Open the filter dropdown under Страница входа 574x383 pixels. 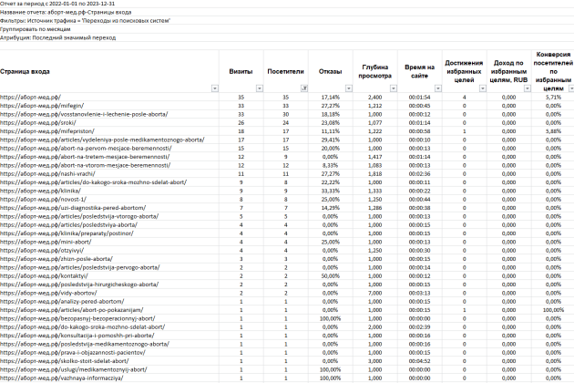[215, 88]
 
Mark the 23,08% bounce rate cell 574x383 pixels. [330, 124]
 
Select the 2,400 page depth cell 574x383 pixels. [374, 96]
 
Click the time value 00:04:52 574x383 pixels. [420, 358]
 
